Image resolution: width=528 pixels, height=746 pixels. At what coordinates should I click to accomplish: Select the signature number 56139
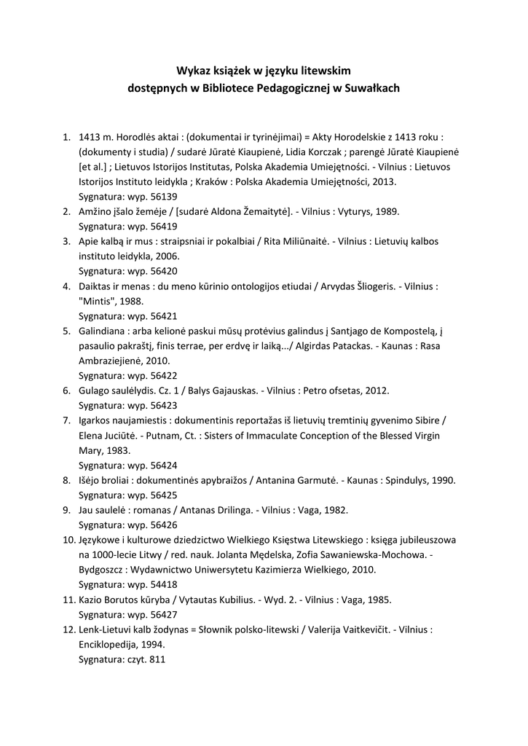pyautogui.click(x=162, y=196)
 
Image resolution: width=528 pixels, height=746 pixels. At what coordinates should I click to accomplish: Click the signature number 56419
pyautogui.click(x=162, y=226)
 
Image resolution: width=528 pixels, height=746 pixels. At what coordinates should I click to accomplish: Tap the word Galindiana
pyautogui.click(x=105, y=331)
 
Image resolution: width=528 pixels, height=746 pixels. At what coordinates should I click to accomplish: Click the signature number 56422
pyautogui.click(x=162, y=375)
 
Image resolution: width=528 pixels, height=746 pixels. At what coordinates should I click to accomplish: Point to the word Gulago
pyautogui.click(x=95, y=390)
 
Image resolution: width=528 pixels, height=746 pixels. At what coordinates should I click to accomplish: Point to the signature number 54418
pyautogui.click(x=162, y=584)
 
